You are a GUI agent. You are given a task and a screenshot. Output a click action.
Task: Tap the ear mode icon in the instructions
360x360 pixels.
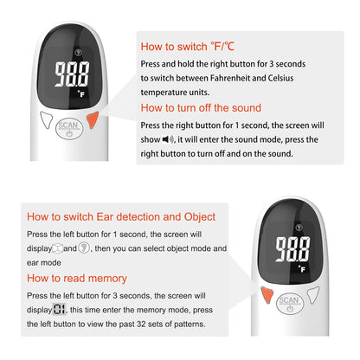tap(83, 248)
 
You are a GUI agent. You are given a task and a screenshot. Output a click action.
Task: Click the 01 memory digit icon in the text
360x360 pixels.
tap(58, 309)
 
